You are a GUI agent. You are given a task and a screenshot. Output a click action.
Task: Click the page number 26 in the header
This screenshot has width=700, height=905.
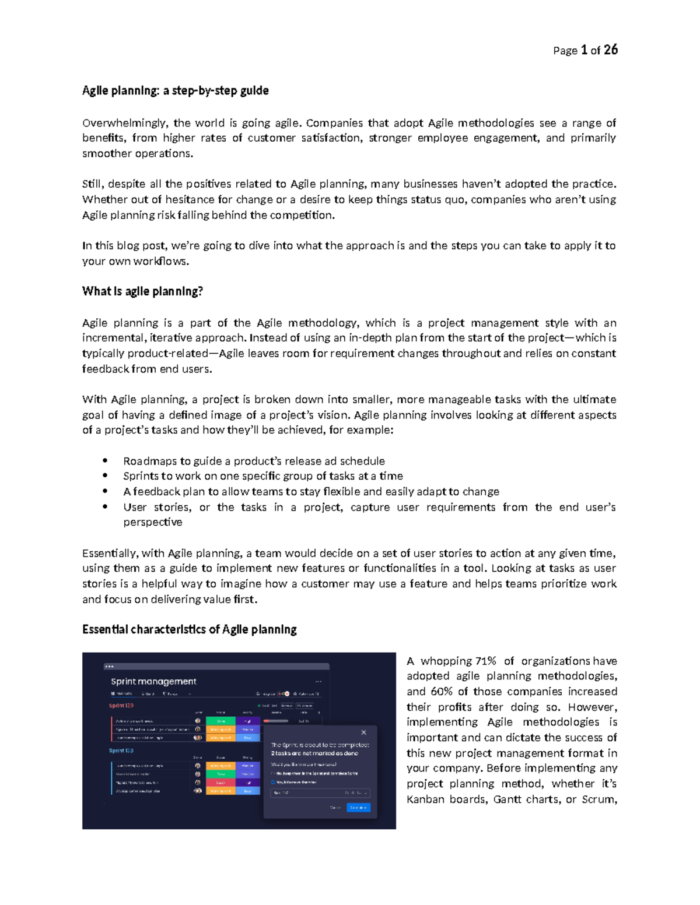(x=610, y=50)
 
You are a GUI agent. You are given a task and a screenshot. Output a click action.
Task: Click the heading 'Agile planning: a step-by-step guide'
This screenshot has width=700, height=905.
(x=175, y=91)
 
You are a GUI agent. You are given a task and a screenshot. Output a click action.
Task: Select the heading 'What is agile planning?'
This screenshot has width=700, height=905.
(x=142, y=291)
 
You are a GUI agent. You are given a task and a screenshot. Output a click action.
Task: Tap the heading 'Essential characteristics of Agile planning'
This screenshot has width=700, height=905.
(x=189, y=629)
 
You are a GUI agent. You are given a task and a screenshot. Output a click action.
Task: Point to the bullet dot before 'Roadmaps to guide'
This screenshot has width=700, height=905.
(x=105, y=461)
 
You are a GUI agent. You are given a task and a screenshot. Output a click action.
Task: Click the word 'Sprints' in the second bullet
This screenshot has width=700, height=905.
(x=141, y=476)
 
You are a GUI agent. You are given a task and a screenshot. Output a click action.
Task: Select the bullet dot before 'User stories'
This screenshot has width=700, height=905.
(x=105, y=507)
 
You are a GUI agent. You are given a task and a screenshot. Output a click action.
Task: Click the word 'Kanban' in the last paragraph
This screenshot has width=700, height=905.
(x=425, y=800)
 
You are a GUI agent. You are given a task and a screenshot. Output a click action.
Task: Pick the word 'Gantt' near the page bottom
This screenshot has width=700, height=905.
(x=507, y=800)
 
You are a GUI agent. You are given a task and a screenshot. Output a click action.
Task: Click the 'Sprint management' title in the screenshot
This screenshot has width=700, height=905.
(x=153, y=681)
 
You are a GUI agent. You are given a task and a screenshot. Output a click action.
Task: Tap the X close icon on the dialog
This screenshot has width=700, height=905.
(x=363, y=733)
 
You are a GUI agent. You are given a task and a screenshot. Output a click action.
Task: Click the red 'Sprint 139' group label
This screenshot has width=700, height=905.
(x=121, y=706)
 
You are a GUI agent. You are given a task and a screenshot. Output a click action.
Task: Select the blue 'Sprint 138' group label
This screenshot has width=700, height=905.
(x=121, y=751)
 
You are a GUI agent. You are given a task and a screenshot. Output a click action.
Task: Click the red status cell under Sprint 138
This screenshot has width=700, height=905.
(x=220, y=783)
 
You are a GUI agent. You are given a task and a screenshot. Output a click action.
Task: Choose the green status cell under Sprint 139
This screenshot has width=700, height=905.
(x=220, y=721)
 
